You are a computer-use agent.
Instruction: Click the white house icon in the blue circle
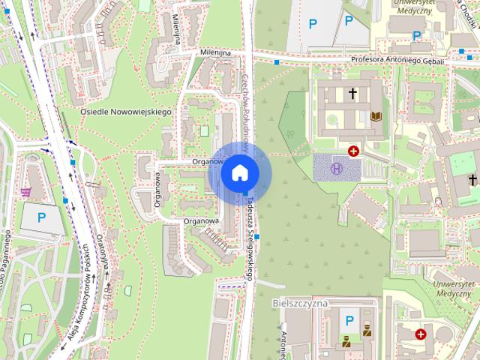[x=240, y=172]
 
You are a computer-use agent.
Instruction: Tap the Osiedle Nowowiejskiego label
[x=126, y=112]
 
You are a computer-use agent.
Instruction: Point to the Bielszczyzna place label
[x=300, y=302]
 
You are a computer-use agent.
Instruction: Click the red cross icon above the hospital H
[x=353, y=151]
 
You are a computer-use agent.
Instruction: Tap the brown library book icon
[x=376, y=116]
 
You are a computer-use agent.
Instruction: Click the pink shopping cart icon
[x=26, y=191]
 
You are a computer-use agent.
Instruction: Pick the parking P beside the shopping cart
[x=42, y=218]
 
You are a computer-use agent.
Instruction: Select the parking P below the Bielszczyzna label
[x=349, y=321]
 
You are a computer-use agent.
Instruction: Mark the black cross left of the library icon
[x=352, y=94]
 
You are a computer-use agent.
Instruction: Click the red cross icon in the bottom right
[x=421, y=334]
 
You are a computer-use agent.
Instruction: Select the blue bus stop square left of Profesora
[x=277, y=61]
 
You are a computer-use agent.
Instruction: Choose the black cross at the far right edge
[x=472, y=179]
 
